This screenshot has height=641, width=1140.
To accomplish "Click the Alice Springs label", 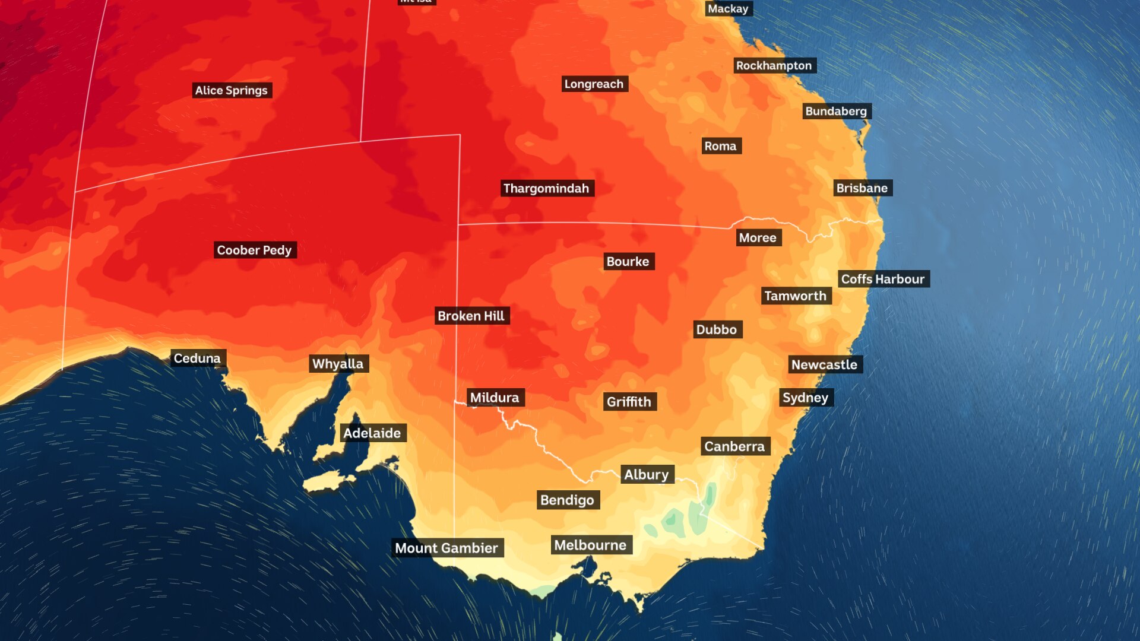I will [x=232, y=90].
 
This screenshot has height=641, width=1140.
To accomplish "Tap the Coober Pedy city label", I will [x=255, y=250].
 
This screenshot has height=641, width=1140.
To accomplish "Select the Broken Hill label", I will [x=471, y=316].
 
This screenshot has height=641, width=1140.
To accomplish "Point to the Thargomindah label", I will [x=546, y=188].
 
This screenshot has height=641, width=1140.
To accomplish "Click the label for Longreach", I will [x=594, y=84].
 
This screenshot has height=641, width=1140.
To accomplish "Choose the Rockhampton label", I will [x=774, y=65].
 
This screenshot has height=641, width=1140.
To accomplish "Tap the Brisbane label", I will [x=862, y=188].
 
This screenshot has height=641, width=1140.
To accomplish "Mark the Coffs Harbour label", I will [x=883, y=279].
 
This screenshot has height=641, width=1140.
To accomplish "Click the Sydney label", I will [x=806, y=398].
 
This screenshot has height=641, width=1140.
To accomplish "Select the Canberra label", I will [x=735, y=446].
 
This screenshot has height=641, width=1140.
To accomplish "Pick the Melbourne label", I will [x=591, y=545].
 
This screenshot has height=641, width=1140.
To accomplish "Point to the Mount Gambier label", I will [x=447, y=548].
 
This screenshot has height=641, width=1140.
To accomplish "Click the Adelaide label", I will [x=372, y=433].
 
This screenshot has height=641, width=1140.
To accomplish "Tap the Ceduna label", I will [x=197, y=358].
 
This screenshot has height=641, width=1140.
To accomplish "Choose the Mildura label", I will [x=495, y=398].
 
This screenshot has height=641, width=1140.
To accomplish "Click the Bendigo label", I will [x=568, y=500].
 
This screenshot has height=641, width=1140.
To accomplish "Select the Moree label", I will [x=758, y=237].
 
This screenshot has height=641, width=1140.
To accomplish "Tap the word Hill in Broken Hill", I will [x=493, y=316].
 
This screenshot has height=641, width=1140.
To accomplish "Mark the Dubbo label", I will [x=717, y=329].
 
